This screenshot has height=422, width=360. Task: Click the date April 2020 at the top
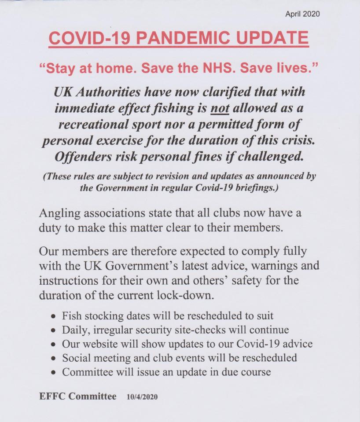click(x=302, y=14)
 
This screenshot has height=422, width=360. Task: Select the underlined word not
click(x=220, y=108)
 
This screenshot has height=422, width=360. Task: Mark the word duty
click(x=49, y=228)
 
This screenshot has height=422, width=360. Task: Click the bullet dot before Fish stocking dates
click(x=53, y=316)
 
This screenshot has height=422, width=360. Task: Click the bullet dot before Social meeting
click(x=53, y=358)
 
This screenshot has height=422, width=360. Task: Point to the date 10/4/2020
click(x=142, y=397)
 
